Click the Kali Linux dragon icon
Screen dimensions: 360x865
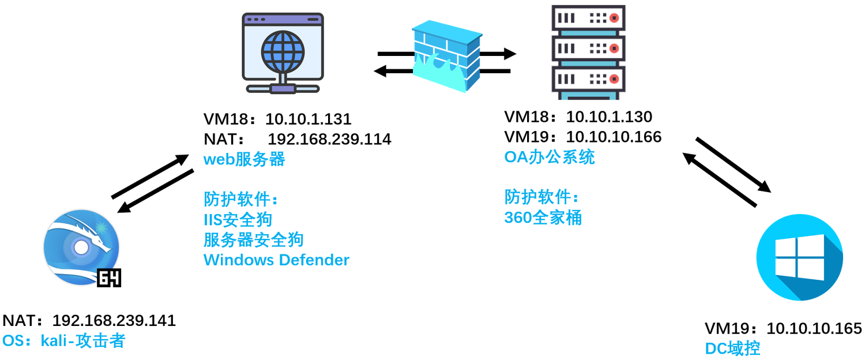tap(81, 248)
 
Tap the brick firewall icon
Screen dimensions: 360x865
tap(447, 56)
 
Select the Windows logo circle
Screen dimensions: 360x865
tap(799, 257)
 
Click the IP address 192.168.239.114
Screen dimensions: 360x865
tap(329, 139)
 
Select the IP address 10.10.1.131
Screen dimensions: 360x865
tap(308, 119)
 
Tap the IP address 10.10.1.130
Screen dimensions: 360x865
tap(609, 117)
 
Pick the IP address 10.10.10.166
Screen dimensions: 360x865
tap(614, 137)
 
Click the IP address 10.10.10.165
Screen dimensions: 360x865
tap(814, 329)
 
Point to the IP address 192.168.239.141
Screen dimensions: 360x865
tap(114, 321)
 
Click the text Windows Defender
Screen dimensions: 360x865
tap(276, 260)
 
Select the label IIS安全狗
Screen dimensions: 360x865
tap(238, 219)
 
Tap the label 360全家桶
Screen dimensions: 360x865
tap(543, 217)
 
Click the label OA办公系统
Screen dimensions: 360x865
tap(549, 157)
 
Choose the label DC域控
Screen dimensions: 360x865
tap(732, 348)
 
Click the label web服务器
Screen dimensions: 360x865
tap(244, 159)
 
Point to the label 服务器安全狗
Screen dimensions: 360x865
tap(253, 239)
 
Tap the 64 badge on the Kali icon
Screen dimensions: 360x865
tap(109, 279)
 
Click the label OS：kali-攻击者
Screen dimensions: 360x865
tap(63, 340)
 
